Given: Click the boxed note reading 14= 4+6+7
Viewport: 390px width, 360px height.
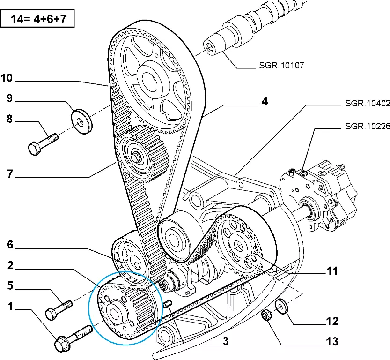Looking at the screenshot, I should click(x=37, y=20).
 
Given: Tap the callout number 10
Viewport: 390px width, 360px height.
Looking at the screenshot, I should click(x=7, y=78).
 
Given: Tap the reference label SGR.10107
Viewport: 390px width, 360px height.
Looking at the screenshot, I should click(x=281, y=65).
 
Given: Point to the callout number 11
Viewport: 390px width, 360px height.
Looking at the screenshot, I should click(x=331, y=271).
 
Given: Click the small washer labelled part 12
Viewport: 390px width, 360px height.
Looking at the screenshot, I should click(x=281, y=307).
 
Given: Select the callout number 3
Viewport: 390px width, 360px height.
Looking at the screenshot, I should click(x=225, y=342).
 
